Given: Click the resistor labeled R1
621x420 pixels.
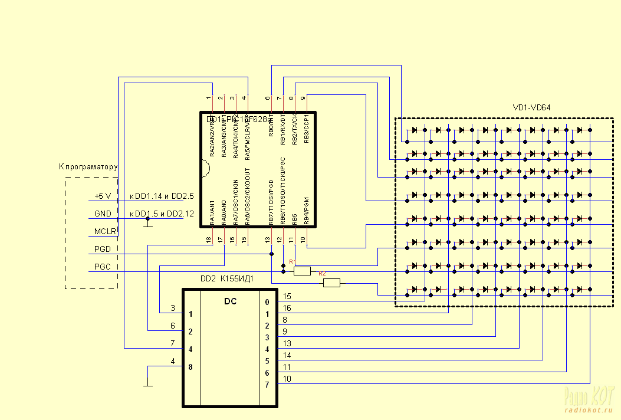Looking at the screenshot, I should [x=302, y=271].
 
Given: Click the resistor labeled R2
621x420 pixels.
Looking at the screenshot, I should [x=331, y=283].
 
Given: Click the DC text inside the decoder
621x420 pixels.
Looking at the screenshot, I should [x=231, y=301].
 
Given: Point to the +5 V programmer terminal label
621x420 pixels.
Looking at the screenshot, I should [x=103, y=196].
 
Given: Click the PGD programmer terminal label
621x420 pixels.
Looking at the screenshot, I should [x=102, y=250].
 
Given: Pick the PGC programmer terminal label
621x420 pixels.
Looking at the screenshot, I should [x=102, y=267].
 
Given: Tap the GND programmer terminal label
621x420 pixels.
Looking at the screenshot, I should [x=103, y=214].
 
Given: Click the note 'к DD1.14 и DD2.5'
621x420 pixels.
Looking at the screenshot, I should [x=162, y=196].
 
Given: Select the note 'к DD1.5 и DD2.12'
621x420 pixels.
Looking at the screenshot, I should [x=162, y=214].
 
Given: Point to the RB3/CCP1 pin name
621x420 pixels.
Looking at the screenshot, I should [x=306, y=130].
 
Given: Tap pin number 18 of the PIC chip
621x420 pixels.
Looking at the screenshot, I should [x=209, y=239].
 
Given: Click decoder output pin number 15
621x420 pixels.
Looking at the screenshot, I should [x=287, y=296].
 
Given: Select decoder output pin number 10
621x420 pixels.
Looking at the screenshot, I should [x=287, y=379].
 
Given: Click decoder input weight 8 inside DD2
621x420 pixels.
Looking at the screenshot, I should [x=190, y=366].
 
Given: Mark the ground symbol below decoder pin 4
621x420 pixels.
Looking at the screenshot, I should [x=147, y=385].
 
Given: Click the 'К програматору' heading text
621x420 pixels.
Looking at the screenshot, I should [x=88, y=167].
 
